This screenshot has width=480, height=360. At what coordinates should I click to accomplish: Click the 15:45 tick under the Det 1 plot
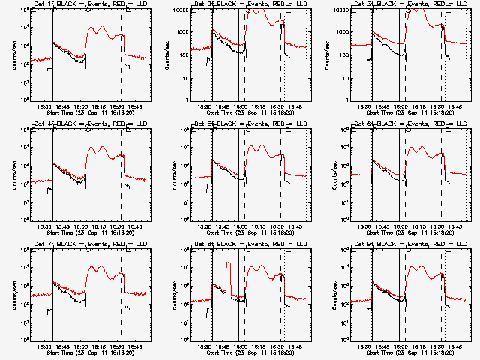pos(64,107)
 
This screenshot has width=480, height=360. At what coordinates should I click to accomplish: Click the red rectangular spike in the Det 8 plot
pos(227,277)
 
